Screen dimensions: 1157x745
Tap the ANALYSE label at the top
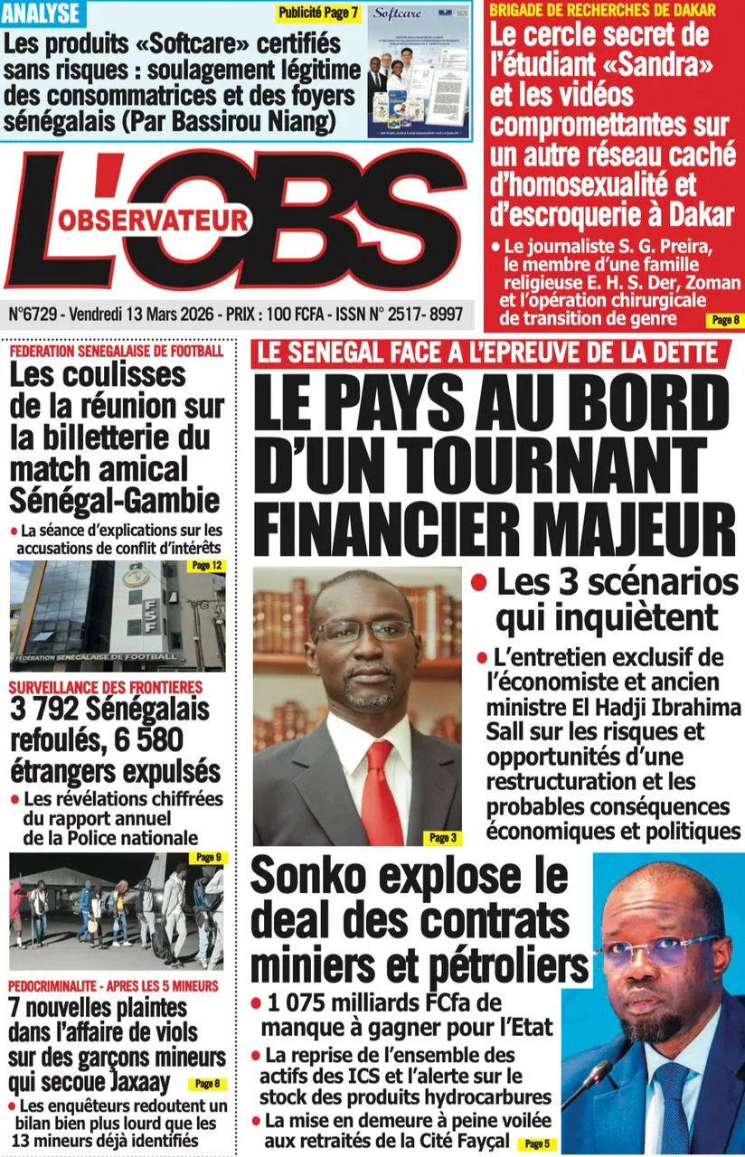42,14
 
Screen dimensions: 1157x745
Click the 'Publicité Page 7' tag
318,14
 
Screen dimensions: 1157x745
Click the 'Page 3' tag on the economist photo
443,838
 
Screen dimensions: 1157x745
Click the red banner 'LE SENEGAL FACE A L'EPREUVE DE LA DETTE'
489,353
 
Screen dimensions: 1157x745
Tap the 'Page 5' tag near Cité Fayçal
536,1143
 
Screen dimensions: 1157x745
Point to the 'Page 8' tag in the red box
725,319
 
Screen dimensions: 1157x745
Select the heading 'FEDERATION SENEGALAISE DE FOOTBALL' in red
116,351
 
